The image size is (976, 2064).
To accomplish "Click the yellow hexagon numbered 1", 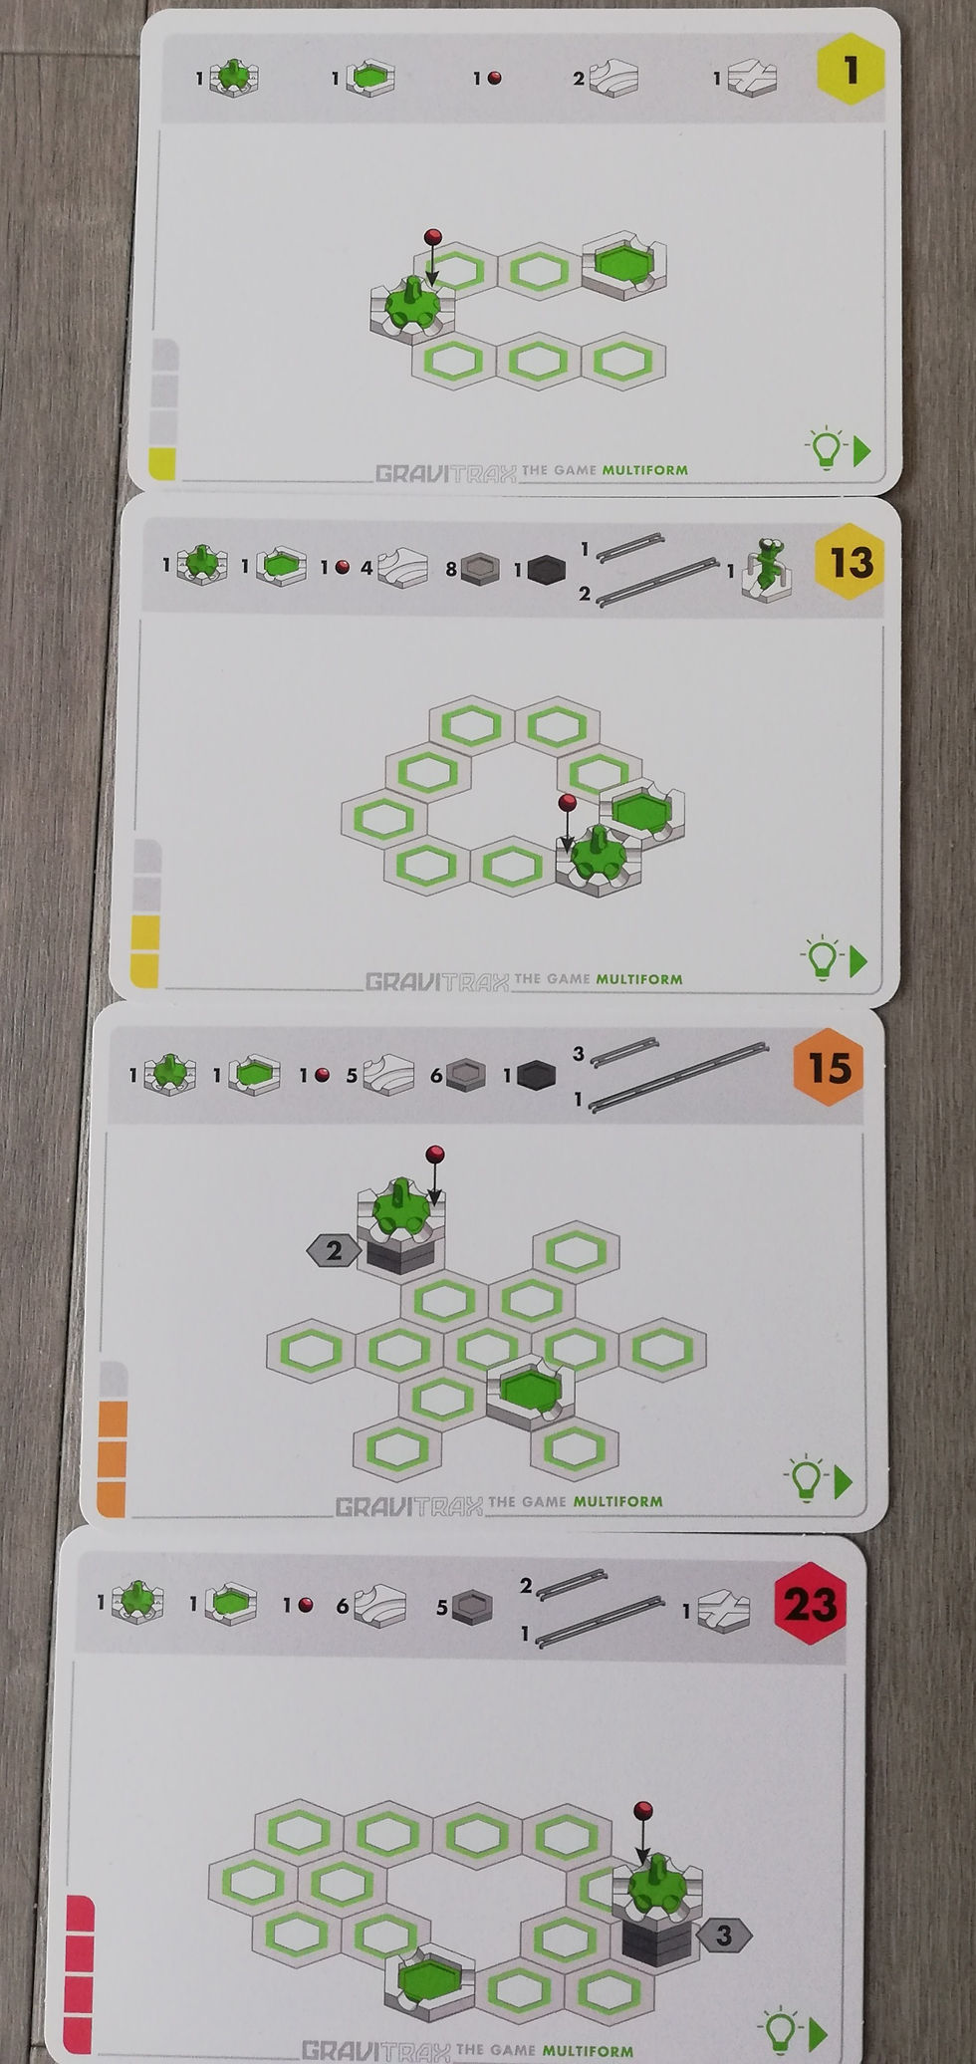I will coord(850,70).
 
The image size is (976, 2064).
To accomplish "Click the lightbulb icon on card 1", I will coord(826,449).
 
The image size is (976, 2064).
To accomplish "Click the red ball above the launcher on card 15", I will coord(433,1155).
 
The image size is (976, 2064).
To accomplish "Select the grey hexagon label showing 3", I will coord(723,1935).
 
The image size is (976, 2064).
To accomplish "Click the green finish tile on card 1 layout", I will coord(623,263).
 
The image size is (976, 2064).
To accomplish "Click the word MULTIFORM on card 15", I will coord(617,1501).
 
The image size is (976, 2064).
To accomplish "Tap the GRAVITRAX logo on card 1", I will coord(445,473).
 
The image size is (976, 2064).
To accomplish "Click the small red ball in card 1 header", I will coord(494,78).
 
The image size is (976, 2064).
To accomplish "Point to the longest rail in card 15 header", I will coord(680,1077).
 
